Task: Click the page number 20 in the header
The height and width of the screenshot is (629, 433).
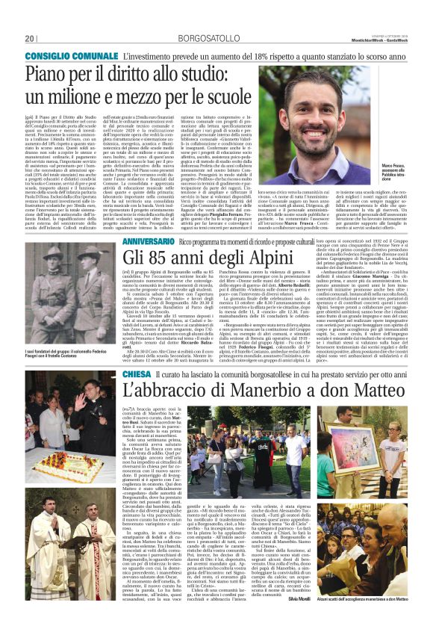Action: pos(31,38)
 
